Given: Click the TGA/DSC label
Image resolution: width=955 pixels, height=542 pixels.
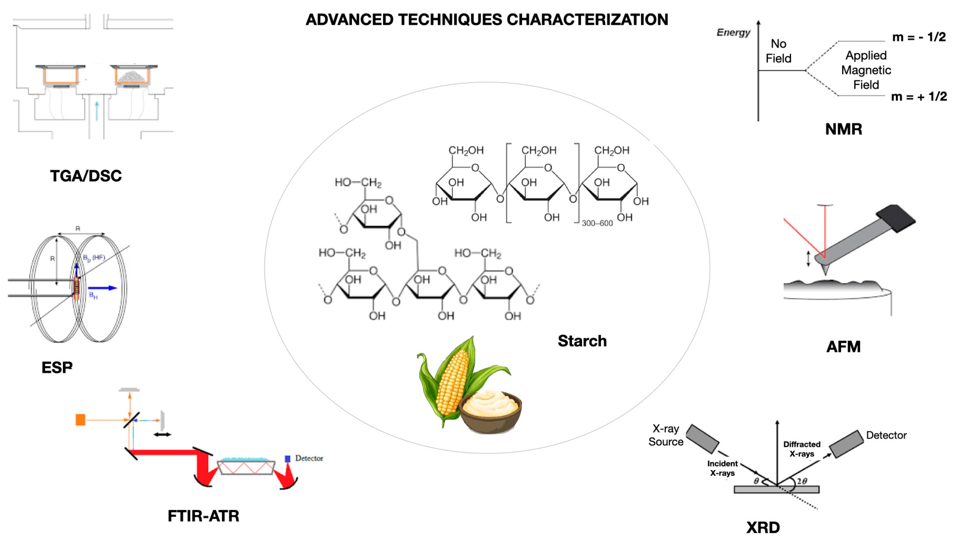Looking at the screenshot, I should pyautogui.click(x=86, y=176).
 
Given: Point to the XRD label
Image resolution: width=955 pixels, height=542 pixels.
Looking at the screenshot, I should pyautogui.click(x=763, y=527).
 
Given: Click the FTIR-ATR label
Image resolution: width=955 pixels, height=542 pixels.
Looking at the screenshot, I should pyautogui.click(x=203, y=516).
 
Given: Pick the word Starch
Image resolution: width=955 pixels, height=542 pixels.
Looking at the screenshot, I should pyautogui.click(x=582, y=341).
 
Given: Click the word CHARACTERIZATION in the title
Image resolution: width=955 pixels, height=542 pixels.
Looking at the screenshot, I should pyautogui.click(x=587, y=20).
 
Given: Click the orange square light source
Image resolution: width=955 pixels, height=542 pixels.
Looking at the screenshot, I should pyautogui.click(x=80, y=420).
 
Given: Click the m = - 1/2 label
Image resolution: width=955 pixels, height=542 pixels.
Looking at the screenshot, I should pyautogui.click(x=919, y=37).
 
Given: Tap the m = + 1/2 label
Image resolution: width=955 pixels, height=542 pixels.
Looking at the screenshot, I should pyautogui.click(x=919, y=96).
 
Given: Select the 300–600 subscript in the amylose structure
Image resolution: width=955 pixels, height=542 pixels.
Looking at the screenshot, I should pyautogui.click(x=597, y=223).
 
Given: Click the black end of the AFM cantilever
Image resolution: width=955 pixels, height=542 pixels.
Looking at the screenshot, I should pyautogui.click(x=896, y=218).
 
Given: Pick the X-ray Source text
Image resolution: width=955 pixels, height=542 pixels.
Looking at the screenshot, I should pyautogui.click(x=666, y=435).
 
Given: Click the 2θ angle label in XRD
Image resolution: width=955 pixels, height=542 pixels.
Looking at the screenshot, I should pyautogui.click(x=802, y=481).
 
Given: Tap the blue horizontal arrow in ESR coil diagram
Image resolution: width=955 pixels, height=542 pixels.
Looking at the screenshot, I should pyautogui.click(x=102, y=288).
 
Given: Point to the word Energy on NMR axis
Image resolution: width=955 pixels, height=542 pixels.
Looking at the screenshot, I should pyautogui.click(x=733, y=32).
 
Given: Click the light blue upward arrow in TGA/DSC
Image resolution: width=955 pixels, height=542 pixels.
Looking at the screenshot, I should pyautogui.click(x=97, y=111).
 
